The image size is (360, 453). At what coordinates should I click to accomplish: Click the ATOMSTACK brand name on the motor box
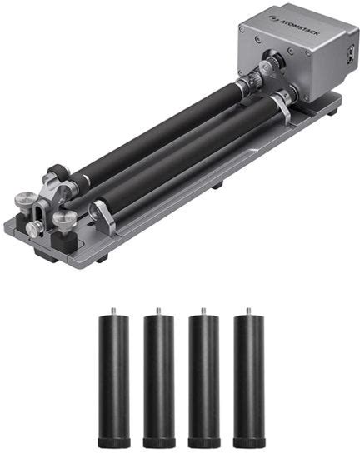[x=298, y=26]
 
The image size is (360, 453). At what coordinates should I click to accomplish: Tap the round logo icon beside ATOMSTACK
[x=272, y=18]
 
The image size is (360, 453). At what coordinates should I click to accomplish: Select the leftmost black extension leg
[x=114, y=377]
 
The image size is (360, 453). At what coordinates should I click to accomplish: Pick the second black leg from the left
[x=159, y=377]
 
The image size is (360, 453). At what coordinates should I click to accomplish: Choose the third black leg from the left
[x=204, y=377]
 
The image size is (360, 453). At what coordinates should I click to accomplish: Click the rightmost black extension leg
[x=249, y=377]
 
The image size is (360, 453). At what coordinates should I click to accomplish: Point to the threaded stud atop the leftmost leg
[x=113, y=311]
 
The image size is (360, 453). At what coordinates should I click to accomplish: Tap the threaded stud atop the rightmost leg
[x=248, y=311]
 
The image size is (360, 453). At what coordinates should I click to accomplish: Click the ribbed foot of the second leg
[x=159, y=443]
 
